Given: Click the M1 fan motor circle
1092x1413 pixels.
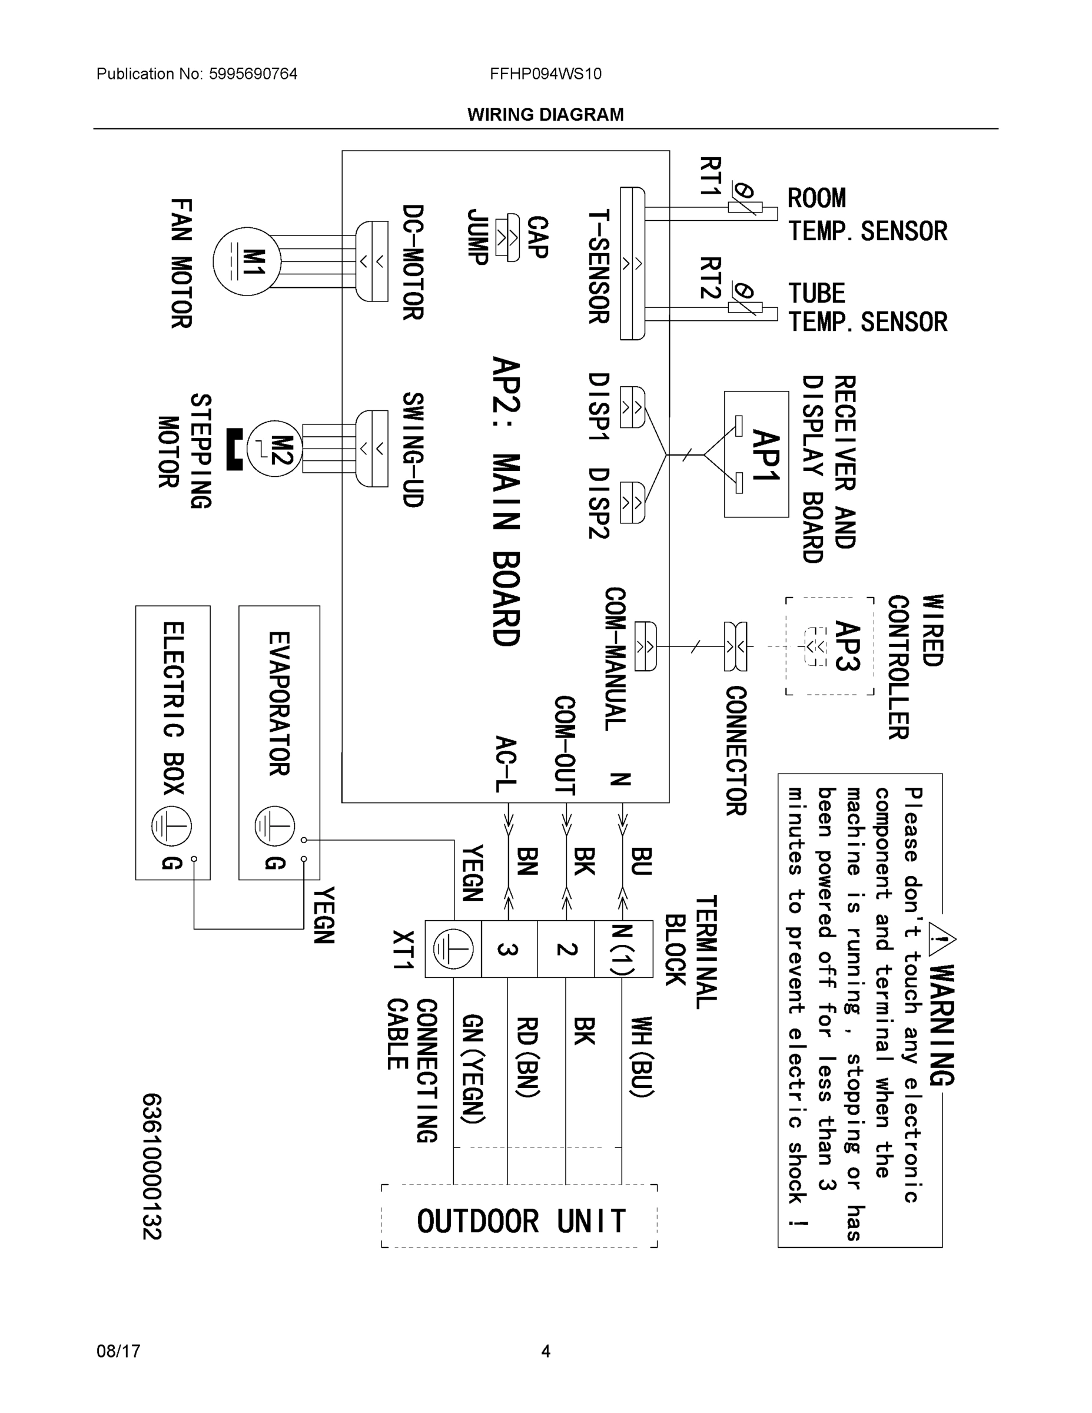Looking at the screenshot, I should coord(247,261).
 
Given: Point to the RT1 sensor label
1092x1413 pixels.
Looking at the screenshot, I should coord(711,176).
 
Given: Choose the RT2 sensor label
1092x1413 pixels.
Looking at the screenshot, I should coord(711,278).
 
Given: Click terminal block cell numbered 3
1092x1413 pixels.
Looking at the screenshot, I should coord(509,949).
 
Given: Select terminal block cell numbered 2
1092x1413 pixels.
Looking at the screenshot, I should coord(565,949).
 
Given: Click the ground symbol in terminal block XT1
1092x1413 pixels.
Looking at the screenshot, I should coord(453,949).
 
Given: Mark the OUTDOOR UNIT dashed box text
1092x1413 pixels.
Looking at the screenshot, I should coord(521,1222).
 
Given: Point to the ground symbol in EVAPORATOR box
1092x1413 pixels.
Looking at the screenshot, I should coord(274,826).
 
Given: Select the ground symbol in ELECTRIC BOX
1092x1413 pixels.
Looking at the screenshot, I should coord(171,826).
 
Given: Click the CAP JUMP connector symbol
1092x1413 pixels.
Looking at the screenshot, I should coord(506,237).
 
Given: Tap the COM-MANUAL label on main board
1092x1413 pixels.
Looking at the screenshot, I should coord(615,659).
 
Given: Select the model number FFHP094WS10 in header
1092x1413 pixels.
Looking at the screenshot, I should coord(545,74).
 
